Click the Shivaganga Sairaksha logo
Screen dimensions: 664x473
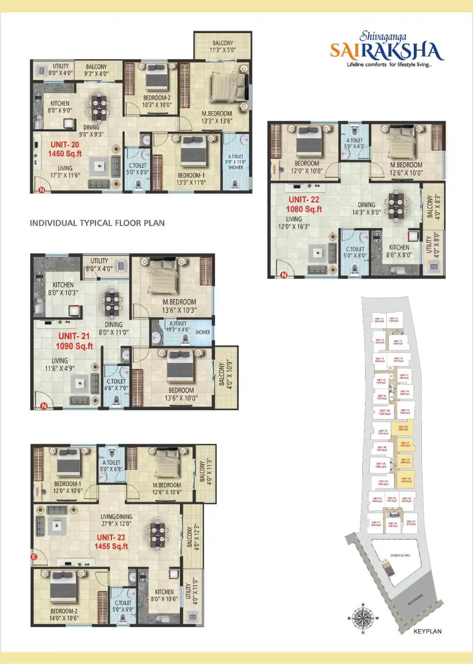(387, 49)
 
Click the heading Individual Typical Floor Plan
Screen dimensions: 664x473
(97, 223)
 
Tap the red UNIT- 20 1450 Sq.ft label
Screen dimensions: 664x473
(65, 149)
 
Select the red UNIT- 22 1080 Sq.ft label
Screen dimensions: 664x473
(304, 204)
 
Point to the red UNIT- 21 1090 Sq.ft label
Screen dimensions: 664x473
(74, 341)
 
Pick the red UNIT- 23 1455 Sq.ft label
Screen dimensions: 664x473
(111, 542)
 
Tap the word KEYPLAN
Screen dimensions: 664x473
(428, 631)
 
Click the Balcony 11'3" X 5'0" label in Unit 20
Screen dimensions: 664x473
(223, 46)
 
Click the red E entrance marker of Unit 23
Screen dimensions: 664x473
(34, 557)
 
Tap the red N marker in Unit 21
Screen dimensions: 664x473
(44, 406)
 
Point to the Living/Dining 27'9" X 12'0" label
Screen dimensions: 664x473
(116, 520)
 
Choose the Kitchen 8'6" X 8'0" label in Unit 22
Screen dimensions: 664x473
(399, 251)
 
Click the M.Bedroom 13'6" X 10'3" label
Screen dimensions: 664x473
(179, 306)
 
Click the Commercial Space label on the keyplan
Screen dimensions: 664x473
(400, 556)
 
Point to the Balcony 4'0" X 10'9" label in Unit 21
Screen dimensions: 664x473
(226, 376)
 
